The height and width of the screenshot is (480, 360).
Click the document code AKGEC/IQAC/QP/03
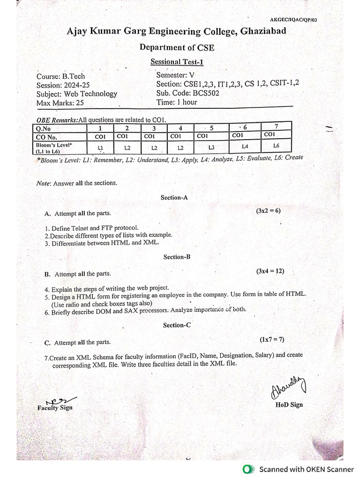(x=297, y=20)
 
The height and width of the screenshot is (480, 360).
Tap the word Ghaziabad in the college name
(x=263, y=31)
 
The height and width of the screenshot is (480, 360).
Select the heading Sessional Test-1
(x=177, y=62)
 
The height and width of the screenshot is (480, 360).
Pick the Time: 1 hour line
(x=177, y=102)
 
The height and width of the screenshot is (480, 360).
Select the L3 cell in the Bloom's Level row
(x=211, y=148)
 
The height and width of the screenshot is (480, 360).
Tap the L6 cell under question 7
(x=276, y=146)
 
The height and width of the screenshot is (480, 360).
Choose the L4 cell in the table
(x=245, y=147)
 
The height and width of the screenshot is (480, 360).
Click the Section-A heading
(x=174, y=198)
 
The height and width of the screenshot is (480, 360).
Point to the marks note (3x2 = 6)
(x=268, y=211)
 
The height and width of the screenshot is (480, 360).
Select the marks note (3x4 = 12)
(x=270, y=271)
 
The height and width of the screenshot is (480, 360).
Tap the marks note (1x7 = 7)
(x=272, y=339)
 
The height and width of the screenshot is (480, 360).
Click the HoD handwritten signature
(x=287, y=388)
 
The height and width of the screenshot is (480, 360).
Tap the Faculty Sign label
(x=55, y=408)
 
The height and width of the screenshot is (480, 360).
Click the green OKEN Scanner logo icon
(x=247, y=469)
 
